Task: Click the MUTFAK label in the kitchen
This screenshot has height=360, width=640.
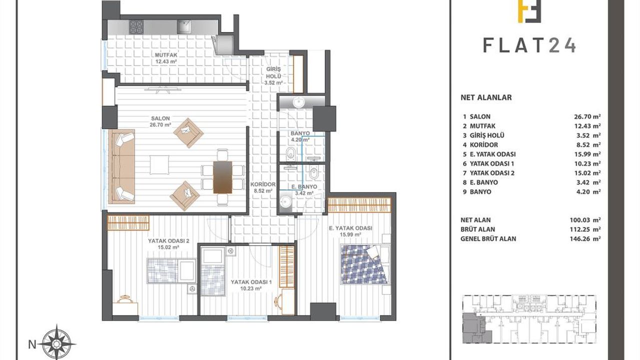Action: coord(166,55)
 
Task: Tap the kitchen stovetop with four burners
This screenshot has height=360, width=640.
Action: coord(136,27)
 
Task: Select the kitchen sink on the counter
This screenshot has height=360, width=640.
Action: coord(184,27)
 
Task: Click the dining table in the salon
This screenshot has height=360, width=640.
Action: coord(222,177)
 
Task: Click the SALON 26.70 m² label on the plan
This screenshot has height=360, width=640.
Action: coord(160,121)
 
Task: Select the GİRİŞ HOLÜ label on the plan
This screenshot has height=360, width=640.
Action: coord(273,73)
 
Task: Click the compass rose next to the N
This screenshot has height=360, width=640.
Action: coord(58,343)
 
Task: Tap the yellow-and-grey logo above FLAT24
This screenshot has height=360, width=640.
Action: coord(529,11)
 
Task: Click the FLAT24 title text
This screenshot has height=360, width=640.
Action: coord(529,45)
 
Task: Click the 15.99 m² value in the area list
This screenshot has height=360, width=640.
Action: coord(587,154)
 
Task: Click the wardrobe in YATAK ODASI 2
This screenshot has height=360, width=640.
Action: coord(128,223)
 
